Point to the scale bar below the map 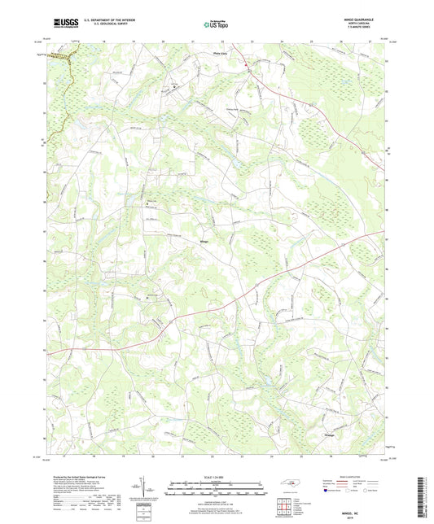pos(216,487)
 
